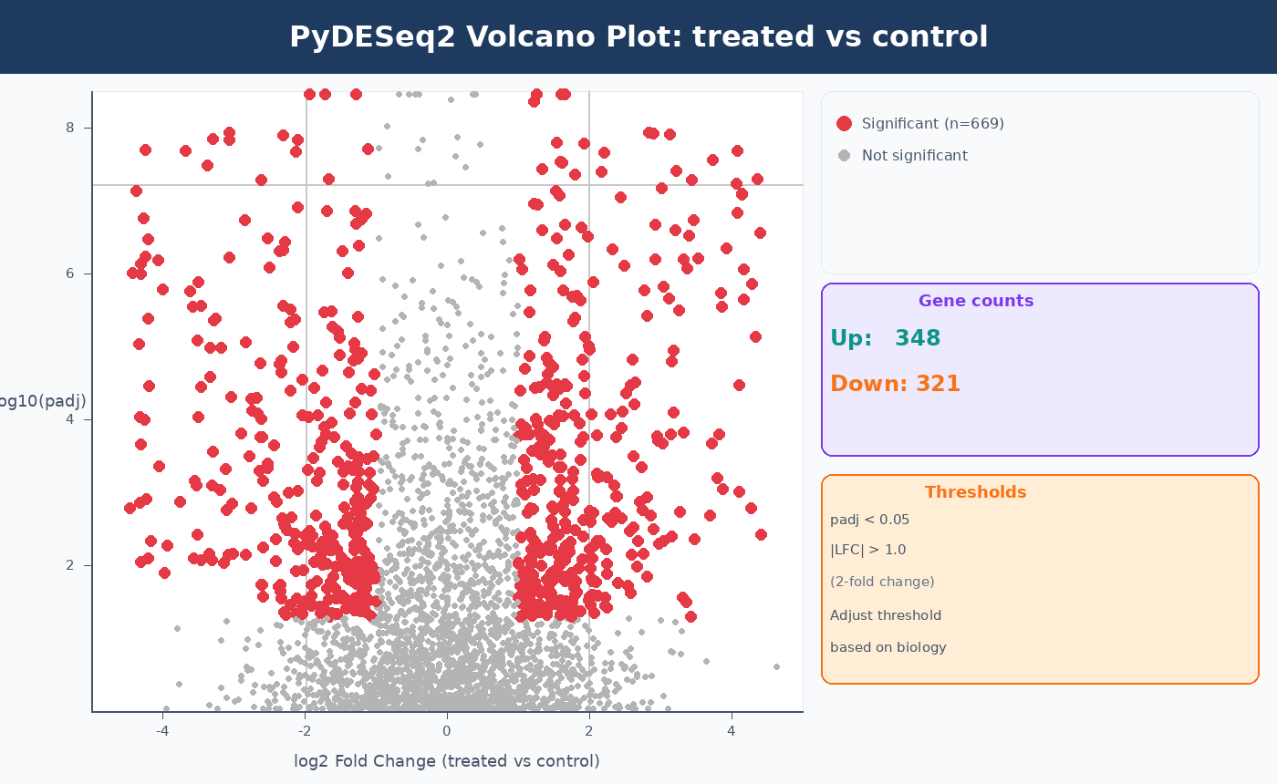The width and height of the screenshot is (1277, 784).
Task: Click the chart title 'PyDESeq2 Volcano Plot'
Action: [x=638, y=37]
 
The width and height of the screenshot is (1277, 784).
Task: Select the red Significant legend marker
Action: [x=844, y=124]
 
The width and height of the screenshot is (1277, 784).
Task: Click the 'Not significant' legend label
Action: [x=914, y=156]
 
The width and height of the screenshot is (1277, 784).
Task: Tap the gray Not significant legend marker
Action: [x=844, y=156]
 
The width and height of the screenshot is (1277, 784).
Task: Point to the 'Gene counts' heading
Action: [x=975, y=301]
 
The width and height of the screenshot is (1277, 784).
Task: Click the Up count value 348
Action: [x=917, y=338]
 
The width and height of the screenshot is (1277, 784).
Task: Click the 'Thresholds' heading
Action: [x=975, y=492]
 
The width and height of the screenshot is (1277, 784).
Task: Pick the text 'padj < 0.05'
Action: [x=869, y=520]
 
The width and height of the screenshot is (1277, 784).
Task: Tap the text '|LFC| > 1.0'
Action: [x=867, y=550]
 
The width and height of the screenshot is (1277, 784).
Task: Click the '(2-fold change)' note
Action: [x=882, y=582]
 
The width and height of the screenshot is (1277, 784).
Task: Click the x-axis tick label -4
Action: [x=162, y=730]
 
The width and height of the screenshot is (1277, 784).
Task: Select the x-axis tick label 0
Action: [x=447, y=730]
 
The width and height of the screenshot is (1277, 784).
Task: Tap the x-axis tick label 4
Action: [x=731, y=730]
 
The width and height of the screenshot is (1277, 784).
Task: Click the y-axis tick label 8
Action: [x=70, y=128]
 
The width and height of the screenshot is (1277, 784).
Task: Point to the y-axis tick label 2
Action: [x=70, y=565]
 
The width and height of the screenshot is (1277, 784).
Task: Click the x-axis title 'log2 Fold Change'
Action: [x=446, y=761]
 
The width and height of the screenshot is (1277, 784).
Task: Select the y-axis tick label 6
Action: [x=70, y=273]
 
